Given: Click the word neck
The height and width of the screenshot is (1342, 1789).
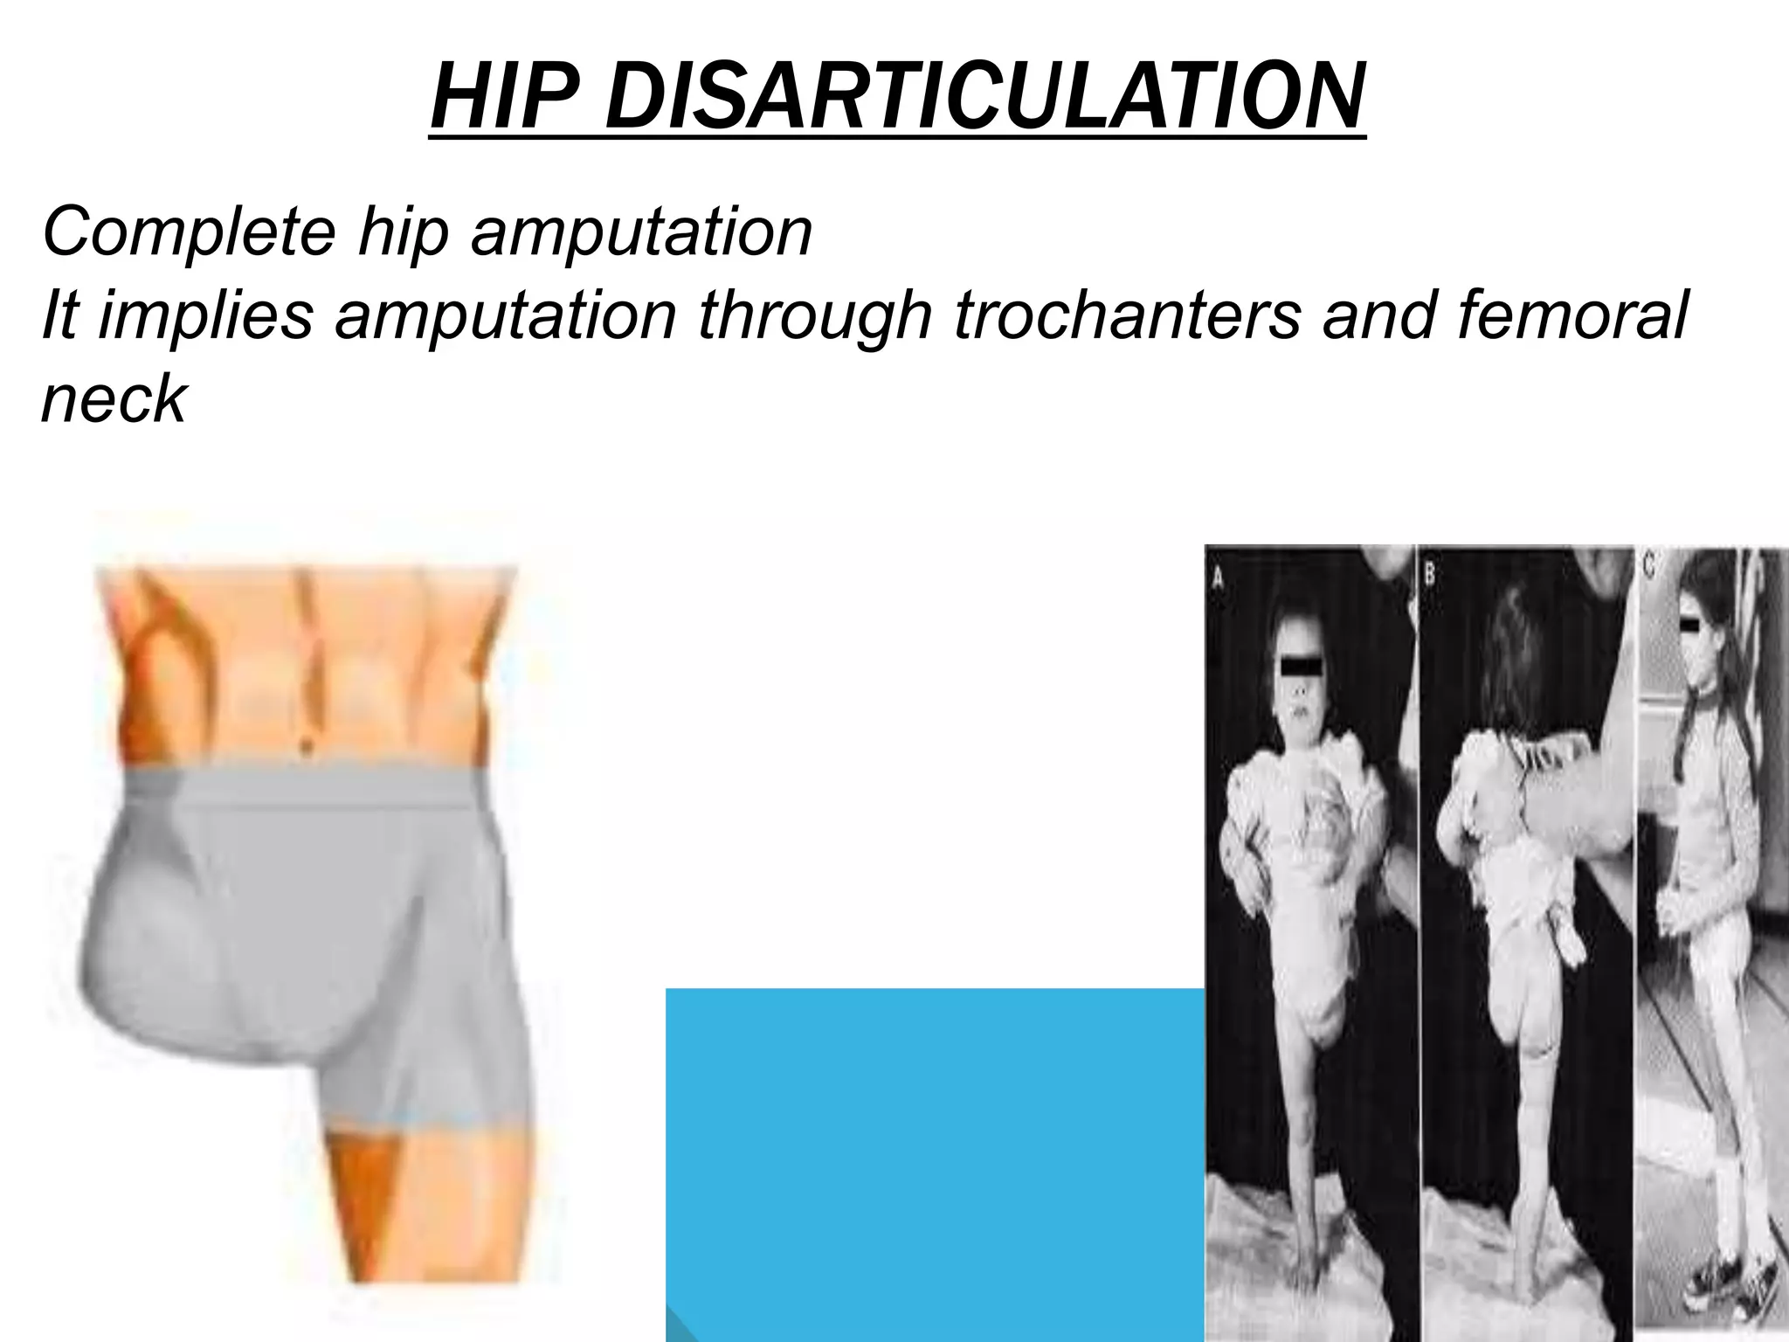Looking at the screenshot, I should click(x=114, y=399).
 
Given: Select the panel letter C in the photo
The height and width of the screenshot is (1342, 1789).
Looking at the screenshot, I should click(x=1647, y=565).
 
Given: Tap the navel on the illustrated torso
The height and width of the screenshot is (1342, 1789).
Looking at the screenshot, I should click(x=305, y=748).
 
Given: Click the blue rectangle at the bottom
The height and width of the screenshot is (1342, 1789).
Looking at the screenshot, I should click(x=935, y=1162).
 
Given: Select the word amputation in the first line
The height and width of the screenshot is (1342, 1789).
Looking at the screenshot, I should click(x=642, y=232).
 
